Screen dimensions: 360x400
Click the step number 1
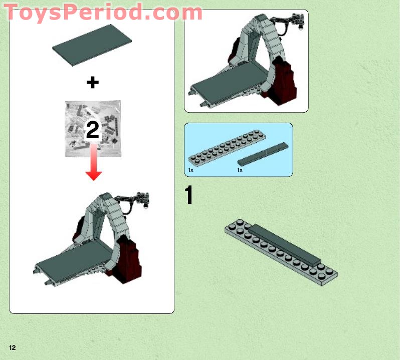pos(189,195)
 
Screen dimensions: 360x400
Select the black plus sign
pos(92,83)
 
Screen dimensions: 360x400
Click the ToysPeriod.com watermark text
pos(103,12)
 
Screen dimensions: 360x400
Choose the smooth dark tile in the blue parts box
pos(263,154)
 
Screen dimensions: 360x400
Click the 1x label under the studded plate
pos(191,170)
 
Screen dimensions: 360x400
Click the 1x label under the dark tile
pos(240,170)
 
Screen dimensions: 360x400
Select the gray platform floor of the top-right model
pos(226,83)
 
